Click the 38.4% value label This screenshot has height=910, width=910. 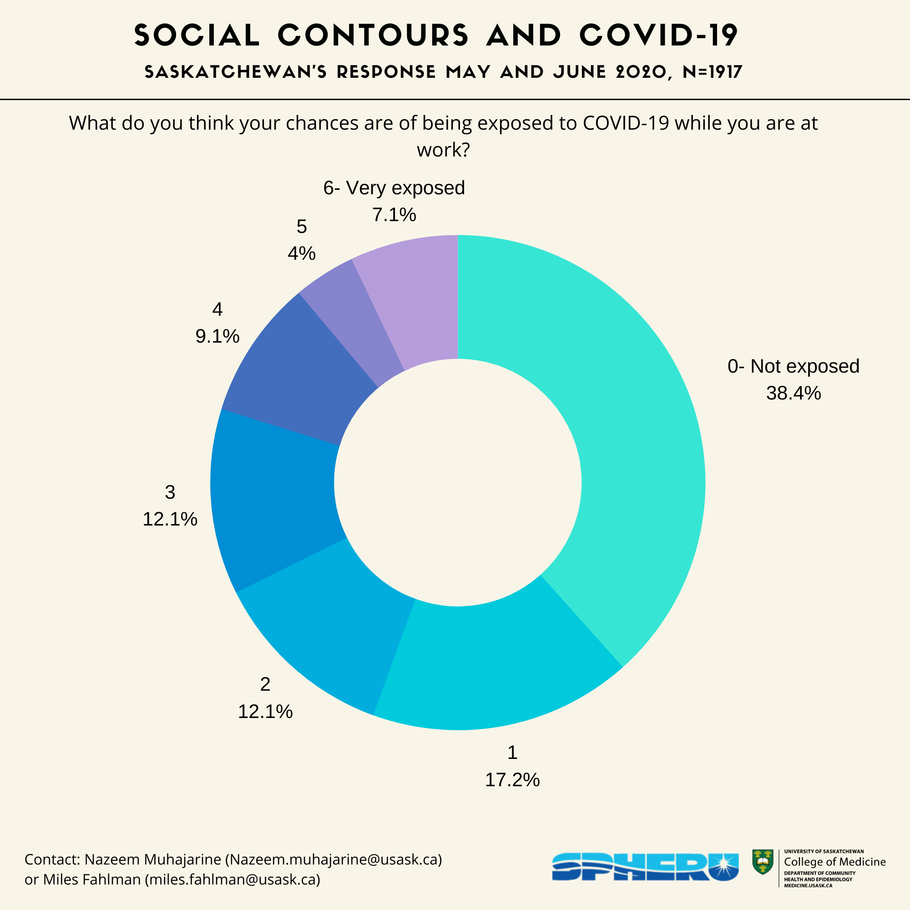(x=794, y=393)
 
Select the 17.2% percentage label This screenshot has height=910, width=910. (x=512, y=780)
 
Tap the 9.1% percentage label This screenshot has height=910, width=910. (x=217, y=336)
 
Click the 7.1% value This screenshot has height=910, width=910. (x=394, y=215)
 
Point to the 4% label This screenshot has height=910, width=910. (x=302, y=253)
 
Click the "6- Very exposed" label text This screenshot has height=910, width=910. (x=394, y=188)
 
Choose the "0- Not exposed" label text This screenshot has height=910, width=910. (x=794, y=366)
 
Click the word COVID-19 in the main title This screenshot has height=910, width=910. (x=658, y=36)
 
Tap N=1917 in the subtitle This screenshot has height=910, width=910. (x=712, y=72)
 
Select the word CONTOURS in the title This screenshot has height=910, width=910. (x=373, y=36)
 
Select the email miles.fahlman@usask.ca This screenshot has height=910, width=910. (x=233, y=880)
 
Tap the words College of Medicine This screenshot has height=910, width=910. (x=834, y=862)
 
